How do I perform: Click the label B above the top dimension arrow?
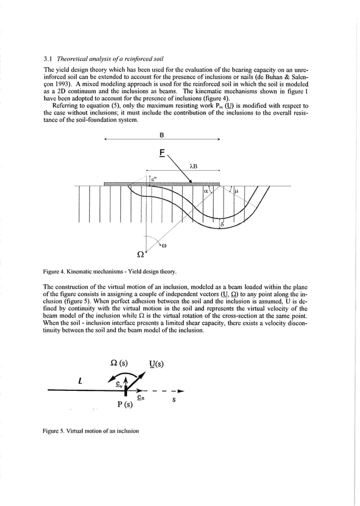click(163, 136)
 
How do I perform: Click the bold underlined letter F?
click(163, 153)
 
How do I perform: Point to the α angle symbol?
click(207, 192)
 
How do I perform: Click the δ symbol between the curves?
click(222, 225)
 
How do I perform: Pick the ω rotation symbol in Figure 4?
click(164, 245)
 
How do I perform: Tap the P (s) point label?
click(124, 404)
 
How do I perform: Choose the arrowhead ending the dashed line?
click(181, 390)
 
